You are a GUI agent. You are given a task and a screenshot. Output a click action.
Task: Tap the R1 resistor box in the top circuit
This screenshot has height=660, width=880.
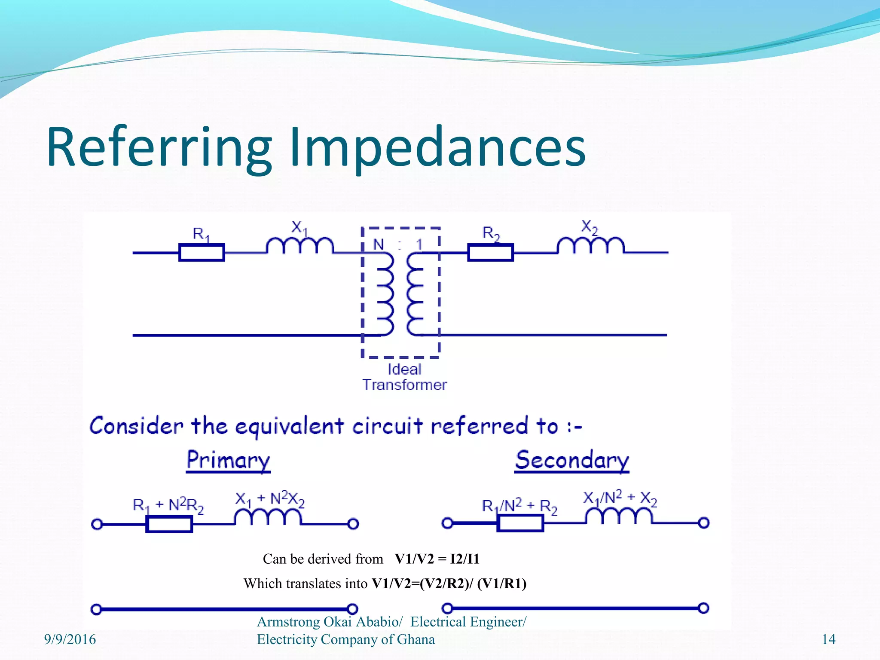[202, 253]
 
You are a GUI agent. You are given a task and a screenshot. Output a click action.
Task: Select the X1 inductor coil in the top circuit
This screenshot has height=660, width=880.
[300, 246]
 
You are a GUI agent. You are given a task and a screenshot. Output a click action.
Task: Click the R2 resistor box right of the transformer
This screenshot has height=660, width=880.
[490, 253]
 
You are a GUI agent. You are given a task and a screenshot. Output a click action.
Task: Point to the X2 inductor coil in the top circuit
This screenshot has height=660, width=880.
[590, 246]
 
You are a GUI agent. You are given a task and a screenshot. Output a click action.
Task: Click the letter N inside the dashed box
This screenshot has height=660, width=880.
[378, 244]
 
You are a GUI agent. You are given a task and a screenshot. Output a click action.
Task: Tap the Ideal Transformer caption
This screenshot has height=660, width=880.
[404, 377]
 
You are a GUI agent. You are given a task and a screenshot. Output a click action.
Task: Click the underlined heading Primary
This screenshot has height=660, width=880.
[228, 460]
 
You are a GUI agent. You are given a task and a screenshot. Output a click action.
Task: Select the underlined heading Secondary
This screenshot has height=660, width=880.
[571, 460]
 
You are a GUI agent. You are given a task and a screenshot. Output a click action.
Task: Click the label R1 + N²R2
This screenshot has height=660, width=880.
[168, 505]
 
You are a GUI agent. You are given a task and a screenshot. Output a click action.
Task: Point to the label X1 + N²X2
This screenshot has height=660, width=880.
[270, 499]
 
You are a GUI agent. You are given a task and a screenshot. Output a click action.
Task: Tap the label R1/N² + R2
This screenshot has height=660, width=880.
[519, 506]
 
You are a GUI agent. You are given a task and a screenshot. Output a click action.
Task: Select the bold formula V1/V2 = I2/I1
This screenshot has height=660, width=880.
[437, 559]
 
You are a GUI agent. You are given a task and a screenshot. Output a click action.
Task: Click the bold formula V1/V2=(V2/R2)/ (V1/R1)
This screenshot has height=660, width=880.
[449, 584]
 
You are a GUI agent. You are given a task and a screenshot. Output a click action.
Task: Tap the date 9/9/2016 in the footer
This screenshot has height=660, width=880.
[70, 639]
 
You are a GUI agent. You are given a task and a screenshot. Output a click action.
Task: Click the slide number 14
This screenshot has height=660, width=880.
[828, 639]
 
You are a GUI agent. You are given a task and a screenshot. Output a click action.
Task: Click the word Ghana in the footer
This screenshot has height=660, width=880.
[416, 639]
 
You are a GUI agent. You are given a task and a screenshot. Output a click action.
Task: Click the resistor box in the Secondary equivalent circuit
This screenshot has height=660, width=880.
[520, 523]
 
